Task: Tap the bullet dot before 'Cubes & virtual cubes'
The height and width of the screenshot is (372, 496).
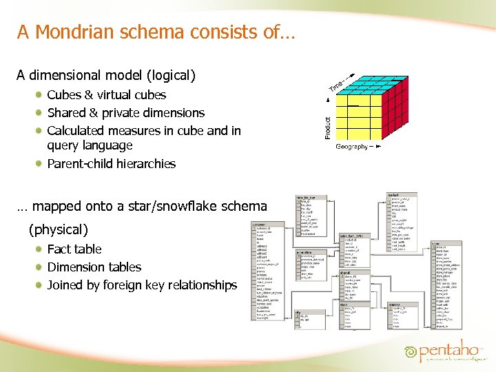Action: [x=40, y=95]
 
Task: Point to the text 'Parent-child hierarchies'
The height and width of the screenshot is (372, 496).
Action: [x=111, y=164]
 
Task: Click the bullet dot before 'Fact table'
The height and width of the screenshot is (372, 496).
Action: [x=40, y=249]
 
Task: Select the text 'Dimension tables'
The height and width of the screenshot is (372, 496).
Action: [x=94, y=267]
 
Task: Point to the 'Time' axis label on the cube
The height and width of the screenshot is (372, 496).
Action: [x=338, y=87]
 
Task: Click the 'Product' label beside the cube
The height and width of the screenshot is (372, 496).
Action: [x=327, y=127]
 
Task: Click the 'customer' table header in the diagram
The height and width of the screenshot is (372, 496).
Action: [x=259, y=225]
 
